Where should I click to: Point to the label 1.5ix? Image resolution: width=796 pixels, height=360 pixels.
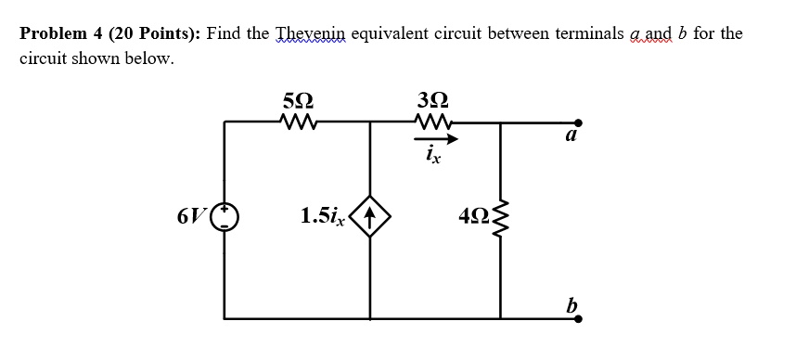pyautogui.click(x=324, y=218)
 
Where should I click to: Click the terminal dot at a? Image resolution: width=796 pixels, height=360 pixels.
pyautogui.click(x=579, y=122)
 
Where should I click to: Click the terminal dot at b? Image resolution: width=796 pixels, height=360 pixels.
pyautogui.click(x=579, y=318)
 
